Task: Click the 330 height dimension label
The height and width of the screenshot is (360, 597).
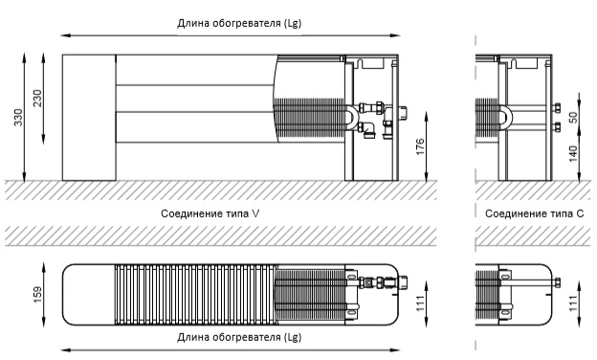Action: [18, 118]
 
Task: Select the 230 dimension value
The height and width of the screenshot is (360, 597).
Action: [37, 99]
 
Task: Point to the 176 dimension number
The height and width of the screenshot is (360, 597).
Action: [420, 146]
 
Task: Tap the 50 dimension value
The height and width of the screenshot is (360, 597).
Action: [573, 117]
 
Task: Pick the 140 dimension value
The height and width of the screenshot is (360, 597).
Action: [573, 153]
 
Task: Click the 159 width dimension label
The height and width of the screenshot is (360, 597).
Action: [37, 295]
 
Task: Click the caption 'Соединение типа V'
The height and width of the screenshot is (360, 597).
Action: [210, 214]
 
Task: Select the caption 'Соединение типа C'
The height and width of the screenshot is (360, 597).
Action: [534, 214]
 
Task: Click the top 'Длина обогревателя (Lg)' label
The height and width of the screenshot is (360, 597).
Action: [239, 23]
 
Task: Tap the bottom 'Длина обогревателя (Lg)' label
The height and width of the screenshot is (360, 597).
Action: [239, 337]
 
